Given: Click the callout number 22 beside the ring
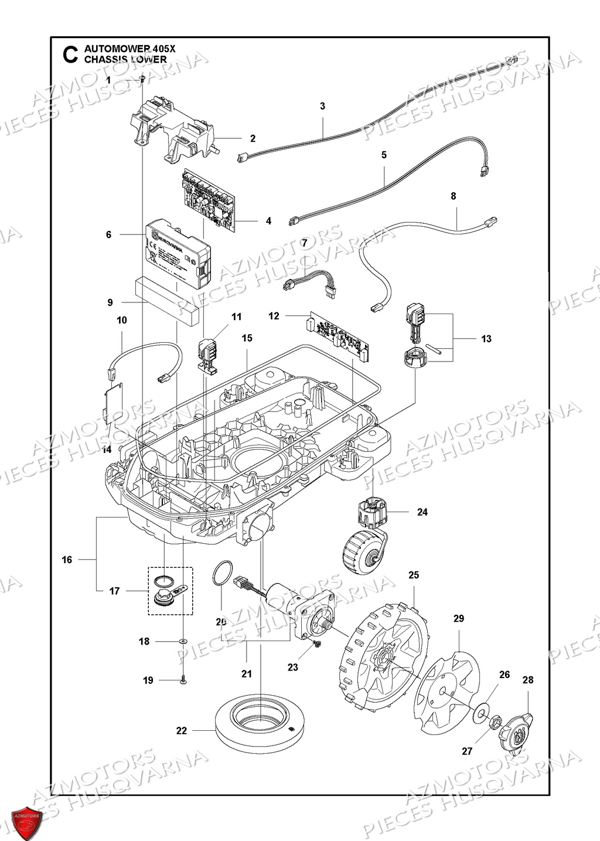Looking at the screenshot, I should (181, 730).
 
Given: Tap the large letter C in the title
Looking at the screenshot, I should (69, 55).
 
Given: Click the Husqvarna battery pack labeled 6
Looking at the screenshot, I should (176, 256).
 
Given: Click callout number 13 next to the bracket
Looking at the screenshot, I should (486, 339).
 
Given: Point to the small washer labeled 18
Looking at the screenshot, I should (183, 642).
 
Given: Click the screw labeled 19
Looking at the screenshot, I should (183, 680).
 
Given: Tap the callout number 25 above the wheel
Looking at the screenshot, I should (414, 575).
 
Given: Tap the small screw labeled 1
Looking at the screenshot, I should (142, 80).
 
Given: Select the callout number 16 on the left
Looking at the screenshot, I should (67, 560).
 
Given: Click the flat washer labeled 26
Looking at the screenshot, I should (480, 711).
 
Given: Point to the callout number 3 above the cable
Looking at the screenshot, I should (322, 106).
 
